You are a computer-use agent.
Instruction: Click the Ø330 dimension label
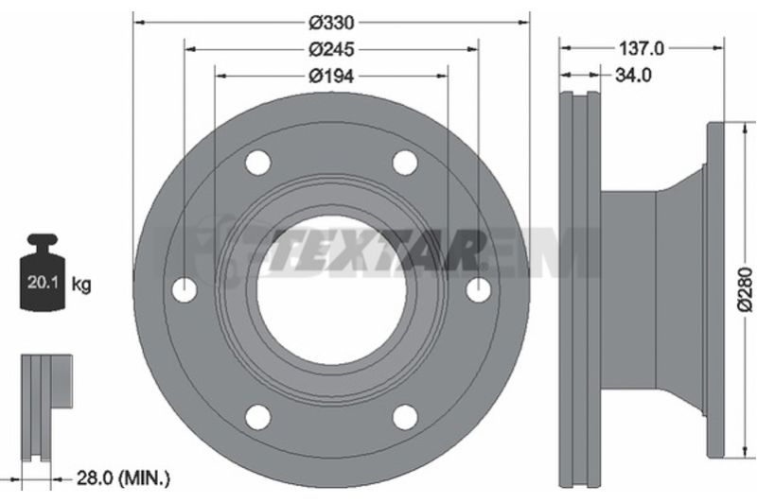pos(332,22)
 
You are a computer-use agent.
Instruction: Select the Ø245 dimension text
pos(332,49)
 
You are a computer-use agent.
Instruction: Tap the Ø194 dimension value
pos(332,76)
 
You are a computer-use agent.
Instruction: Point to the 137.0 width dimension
pos(642,48)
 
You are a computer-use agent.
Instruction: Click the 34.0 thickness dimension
pos(633,76)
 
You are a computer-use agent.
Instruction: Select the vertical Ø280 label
pos(746,289)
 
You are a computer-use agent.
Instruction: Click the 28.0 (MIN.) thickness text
pos(124,482)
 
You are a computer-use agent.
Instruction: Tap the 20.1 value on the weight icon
pos(43,282)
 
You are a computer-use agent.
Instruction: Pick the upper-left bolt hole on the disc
pos(257,163)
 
